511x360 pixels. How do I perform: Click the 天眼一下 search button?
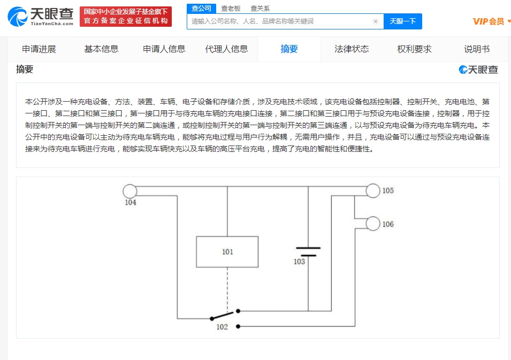pos(402,21)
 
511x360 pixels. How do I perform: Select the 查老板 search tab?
pos(231,9)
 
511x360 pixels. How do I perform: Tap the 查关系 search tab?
pos(260,9)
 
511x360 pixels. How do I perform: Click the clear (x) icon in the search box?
pos(376,21)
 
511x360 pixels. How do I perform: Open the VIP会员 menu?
pos(491,21)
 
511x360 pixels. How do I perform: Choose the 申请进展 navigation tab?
pos(39,49)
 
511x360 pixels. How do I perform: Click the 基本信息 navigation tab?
pos(101,49)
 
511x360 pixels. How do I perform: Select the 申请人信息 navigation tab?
pos(164,49)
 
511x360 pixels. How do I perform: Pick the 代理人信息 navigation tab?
pos(226,49)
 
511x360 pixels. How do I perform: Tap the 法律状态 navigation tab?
pos(352,49)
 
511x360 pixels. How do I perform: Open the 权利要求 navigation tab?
pos(414,49)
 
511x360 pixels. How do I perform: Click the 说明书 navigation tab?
pos(477,49)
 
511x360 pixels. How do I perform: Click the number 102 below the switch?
pos(222,327)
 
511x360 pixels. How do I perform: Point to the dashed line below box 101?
pos(227,288)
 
